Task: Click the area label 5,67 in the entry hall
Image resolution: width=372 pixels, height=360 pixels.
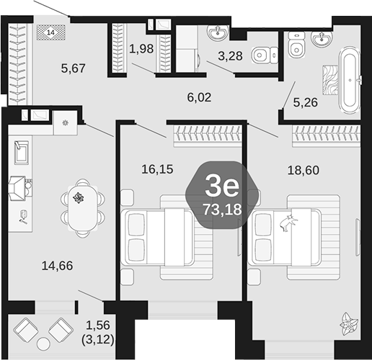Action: [74, 68]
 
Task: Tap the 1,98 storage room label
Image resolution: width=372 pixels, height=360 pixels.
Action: [141, 49]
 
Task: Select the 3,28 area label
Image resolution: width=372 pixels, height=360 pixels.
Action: [231, 56]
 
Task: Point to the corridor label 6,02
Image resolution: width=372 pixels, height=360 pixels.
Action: [199, 97]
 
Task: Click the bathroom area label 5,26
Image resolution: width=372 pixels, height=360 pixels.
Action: [306, 102]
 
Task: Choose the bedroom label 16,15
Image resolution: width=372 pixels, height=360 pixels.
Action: [157, 169]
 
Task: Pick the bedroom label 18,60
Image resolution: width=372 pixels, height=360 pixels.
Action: [304, 170]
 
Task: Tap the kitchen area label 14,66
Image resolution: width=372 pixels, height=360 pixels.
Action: [57, 266]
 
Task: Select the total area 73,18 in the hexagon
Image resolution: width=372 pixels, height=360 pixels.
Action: [222, 210]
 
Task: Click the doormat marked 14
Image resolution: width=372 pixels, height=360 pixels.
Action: [50, 32]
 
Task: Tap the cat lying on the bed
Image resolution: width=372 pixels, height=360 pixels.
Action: [288, 223]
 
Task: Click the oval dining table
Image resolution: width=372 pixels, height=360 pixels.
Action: [83, 208]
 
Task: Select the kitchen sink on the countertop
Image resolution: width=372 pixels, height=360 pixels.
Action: [22, 153]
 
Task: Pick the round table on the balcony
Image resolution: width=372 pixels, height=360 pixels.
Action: [44, 344]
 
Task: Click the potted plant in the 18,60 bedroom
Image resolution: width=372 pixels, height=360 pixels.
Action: [349, 324]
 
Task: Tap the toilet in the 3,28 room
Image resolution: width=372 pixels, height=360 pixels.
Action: [265, 55]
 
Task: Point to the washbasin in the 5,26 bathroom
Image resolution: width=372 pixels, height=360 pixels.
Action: [322, 39]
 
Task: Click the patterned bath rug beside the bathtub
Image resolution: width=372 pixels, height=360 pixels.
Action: [330, 80]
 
